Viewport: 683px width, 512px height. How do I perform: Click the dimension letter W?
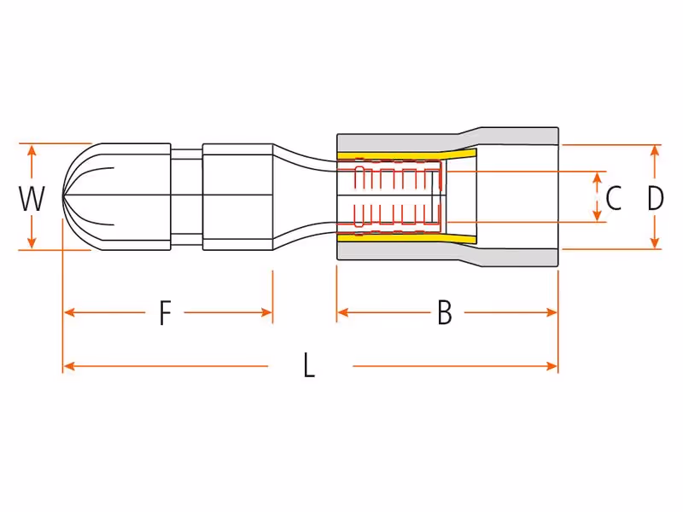(x=32, y=198)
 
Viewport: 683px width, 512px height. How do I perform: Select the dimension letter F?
(x=165, y=312)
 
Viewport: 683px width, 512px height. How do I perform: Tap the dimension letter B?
(x=444, y=312)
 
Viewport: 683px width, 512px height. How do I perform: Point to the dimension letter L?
(x=309, y=365)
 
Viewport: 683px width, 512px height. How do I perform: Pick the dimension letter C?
(x=613, y=198)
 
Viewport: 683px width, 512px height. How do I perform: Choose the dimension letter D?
(x=655, y=198)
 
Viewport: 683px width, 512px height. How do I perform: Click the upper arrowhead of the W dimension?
(x=32, y=150)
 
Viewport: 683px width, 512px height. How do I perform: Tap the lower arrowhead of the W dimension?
(x=32, y=243)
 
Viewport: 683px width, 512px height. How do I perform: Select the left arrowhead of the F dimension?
(x=70, y=312)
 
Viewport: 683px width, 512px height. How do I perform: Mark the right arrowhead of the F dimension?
(x=266, y=312)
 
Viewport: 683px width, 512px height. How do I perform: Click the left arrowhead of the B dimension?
(x=343, y=312)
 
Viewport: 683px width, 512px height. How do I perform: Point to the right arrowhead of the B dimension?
(x=552, y=312)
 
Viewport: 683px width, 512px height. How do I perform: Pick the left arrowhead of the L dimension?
(x=70, y=366)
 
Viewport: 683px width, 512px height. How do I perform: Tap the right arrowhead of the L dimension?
(x=552, y=366)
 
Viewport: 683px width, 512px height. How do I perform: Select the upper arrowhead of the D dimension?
(x=655, y=151)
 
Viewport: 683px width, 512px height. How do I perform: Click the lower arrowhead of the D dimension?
(x=655, y=243)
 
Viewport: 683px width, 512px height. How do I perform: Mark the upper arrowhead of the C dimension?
(x=598, y=177)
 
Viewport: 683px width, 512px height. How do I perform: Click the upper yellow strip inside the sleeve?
(x=406, y=155)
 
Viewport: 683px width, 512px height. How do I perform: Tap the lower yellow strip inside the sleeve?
(x=406, y=238)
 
